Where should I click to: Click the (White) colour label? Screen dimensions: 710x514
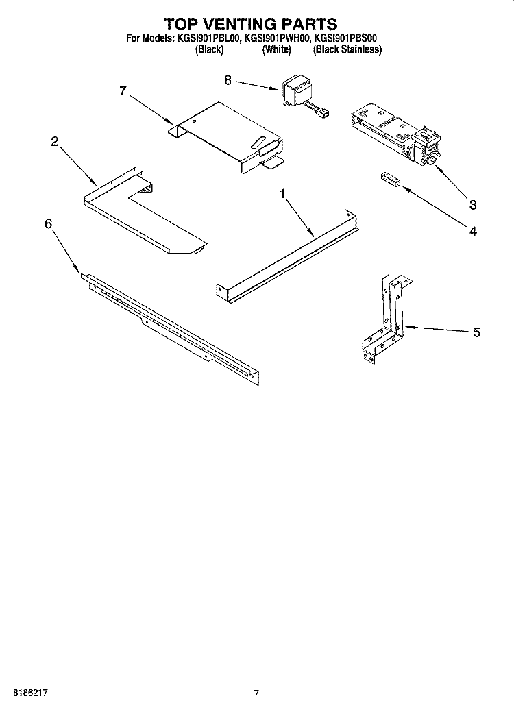[277, 50]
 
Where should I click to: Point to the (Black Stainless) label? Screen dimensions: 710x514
[347, 50]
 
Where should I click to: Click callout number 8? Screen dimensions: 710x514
[228, 79]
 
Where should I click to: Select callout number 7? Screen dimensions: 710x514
[123, 90]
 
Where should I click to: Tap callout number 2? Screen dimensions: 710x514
[53, 142]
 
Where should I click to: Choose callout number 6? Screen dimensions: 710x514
[49, 223]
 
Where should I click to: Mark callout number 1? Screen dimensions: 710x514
[282, 195]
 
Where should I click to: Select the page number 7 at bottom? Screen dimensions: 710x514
[256, 694]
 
